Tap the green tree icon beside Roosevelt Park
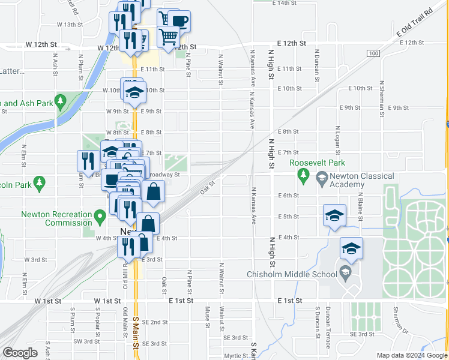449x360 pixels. coord(304,176)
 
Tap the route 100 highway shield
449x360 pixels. coord(374,54)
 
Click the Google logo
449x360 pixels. coord(20,353)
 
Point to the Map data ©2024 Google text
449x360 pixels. coord(411,355)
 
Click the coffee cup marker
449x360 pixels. coord(179,22)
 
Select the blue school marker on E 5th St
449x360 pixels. coord(334,217)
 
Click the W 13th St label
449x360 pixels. coord(70,25)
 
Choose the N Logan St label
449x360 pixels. coord(338,137)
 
